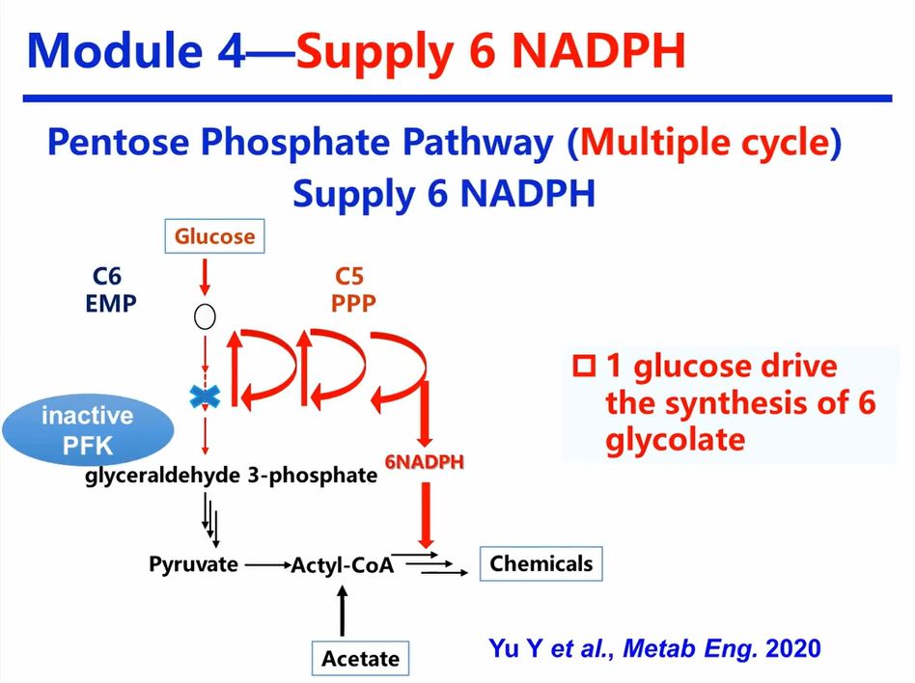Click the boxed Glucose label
coord(214,235)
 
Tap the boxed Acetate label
coord(360,658)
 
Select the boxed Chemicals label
coord(541,563)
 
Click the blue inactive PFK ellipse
coord(87,430)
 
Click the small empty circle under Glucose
coord(205,315)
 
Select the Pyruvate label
coord(193,564)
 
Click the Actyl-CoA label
coord(343,566)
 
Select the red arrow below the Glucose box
coord(205,277)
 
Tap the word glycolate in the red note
coord(676,439)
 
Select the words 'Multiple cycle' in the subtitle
coord(705,145)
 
